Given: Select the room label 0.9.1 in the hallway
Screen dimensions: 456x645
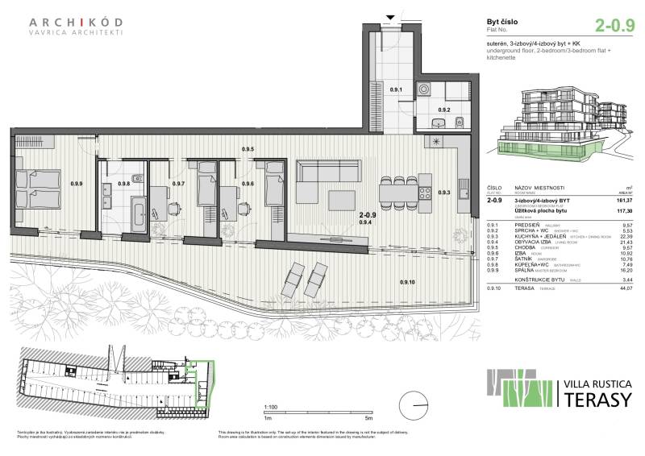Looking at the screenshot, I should coord(396,90).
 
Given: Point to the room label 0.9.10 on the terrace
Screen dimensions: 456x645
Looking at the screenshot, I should coord(407,282).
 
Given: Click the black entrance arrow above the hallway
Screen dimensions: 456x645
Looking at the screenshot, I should coord(392,17).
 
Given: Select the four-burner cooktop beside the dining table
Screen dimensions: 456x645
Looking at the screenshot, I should coord(423,193).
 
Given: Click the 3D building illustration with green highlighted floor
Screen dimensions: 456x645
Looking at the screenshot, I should coord(556,125).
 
